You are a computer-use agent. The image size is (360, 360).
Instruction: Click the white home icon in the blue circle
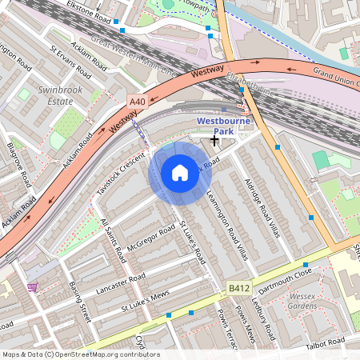[180, 172]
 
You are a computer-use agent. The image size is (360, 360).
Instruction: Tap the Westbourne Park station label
[224, 126]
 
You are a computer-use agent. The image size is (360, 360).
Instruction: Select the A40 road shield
[137, 102]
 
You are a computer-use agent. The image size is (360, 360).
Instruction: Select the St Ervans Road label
[67, 60]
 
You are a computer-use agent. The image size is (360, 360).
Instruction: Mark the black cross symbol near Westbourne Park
[214, 140]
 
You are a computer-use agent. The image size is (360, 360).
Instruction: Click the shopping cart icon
[33, 286]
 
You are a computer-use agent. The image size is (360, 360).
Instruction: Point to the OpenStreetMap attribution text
[80, 354]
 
